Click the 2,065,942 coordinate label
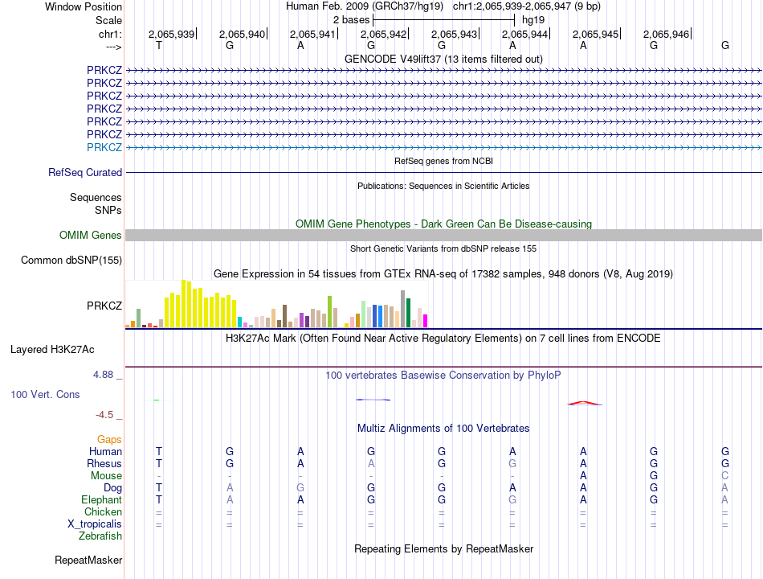pos(383,34)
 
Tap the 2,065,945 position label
pos(595,34)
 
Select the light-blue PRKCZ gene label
pos(104,147)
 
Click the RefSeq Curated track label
pos(85,173)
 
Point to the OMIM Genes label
pos(91,236)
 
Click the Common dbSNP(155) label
pos(71,261)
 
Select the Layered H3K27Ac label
pos(52,350)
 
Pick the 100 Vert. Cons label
pos(45,394)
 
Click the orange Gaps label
pos(109,440)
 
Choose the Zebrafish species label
pos(100,536)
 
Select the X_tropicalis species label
pos(95,524)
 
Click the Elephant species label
pos(102,500)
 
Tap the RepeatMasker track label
pos(88,561)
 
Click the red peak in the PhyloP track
pos(585,403)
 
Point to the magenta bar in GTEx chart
pos(426,321)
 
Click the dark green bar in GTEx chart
pos(408,312)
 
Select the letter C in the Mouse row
pos(724,476)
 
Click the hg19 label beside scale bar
pos(532,20)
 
